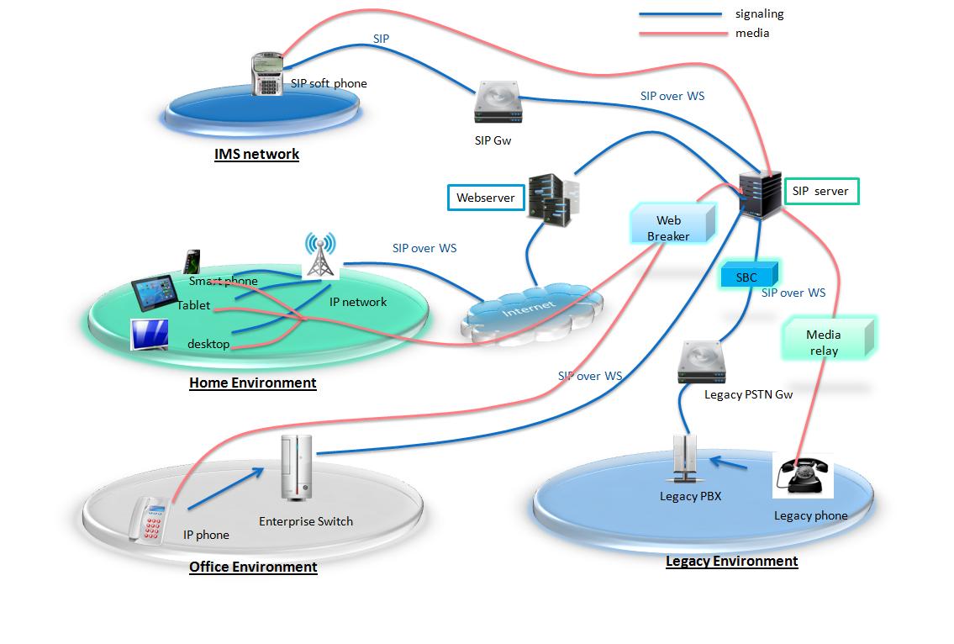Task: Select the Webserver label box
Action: [x=485, y=198]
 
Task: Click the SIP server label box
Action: [x=820, y=192]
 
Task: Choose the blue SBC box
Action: [x=747, y=277]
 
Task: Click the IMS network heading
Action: [x=256, y=154]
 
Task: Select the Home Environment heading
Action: [x=252, y=383]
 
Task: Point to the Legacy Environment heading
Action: [x=731, y=561]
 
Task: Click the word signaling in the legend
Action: [x=759, y=13]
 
